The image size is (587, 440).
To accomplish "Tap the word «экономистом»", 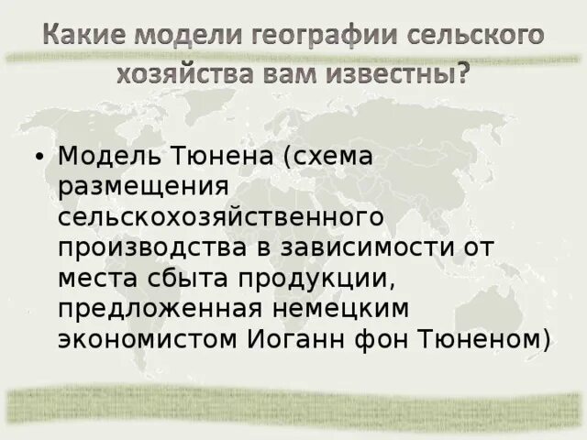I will point(148,338).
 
